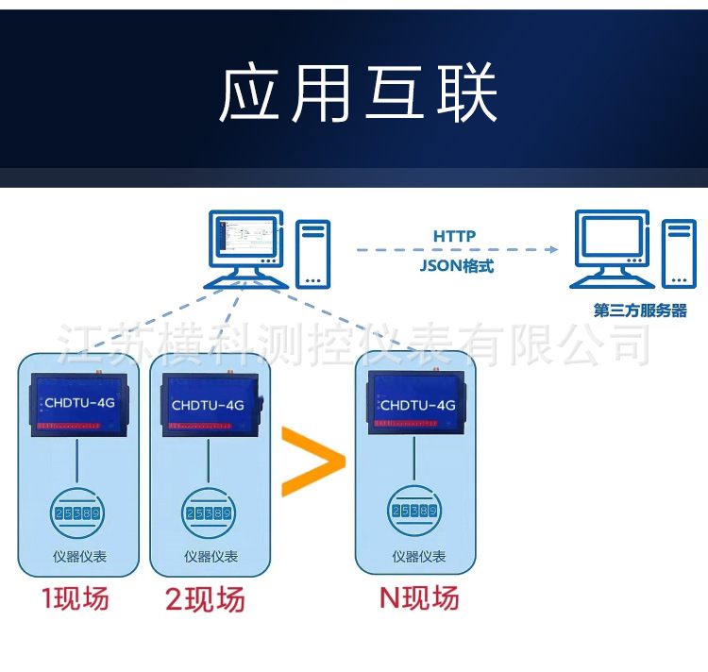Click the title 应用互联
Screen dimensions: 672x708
point(358,93)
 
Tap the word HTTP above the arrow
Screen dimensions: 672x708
point(455,236)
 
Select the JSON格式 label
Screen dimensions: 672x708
point(457,266)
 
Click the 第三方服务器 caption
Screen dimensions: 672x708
point(640,311)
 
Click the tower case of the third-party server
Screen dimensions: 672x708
point(677,253)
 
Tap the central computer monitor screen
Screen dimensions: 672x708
point(244,239)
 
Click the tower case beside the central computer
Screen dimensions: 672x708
point(312,252)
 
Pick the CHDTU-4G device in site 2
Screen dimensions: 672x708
point(208,405)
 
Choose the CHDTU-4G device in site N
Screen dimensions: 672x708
point(416,404)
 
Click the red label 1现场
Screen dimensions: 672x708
point(75,598)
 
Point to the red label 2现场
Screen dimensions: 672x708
point(205,599)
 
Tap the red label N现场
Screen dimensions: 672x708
point(419,597)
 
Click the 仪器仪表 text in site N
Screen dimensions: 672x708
point(419,557)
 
